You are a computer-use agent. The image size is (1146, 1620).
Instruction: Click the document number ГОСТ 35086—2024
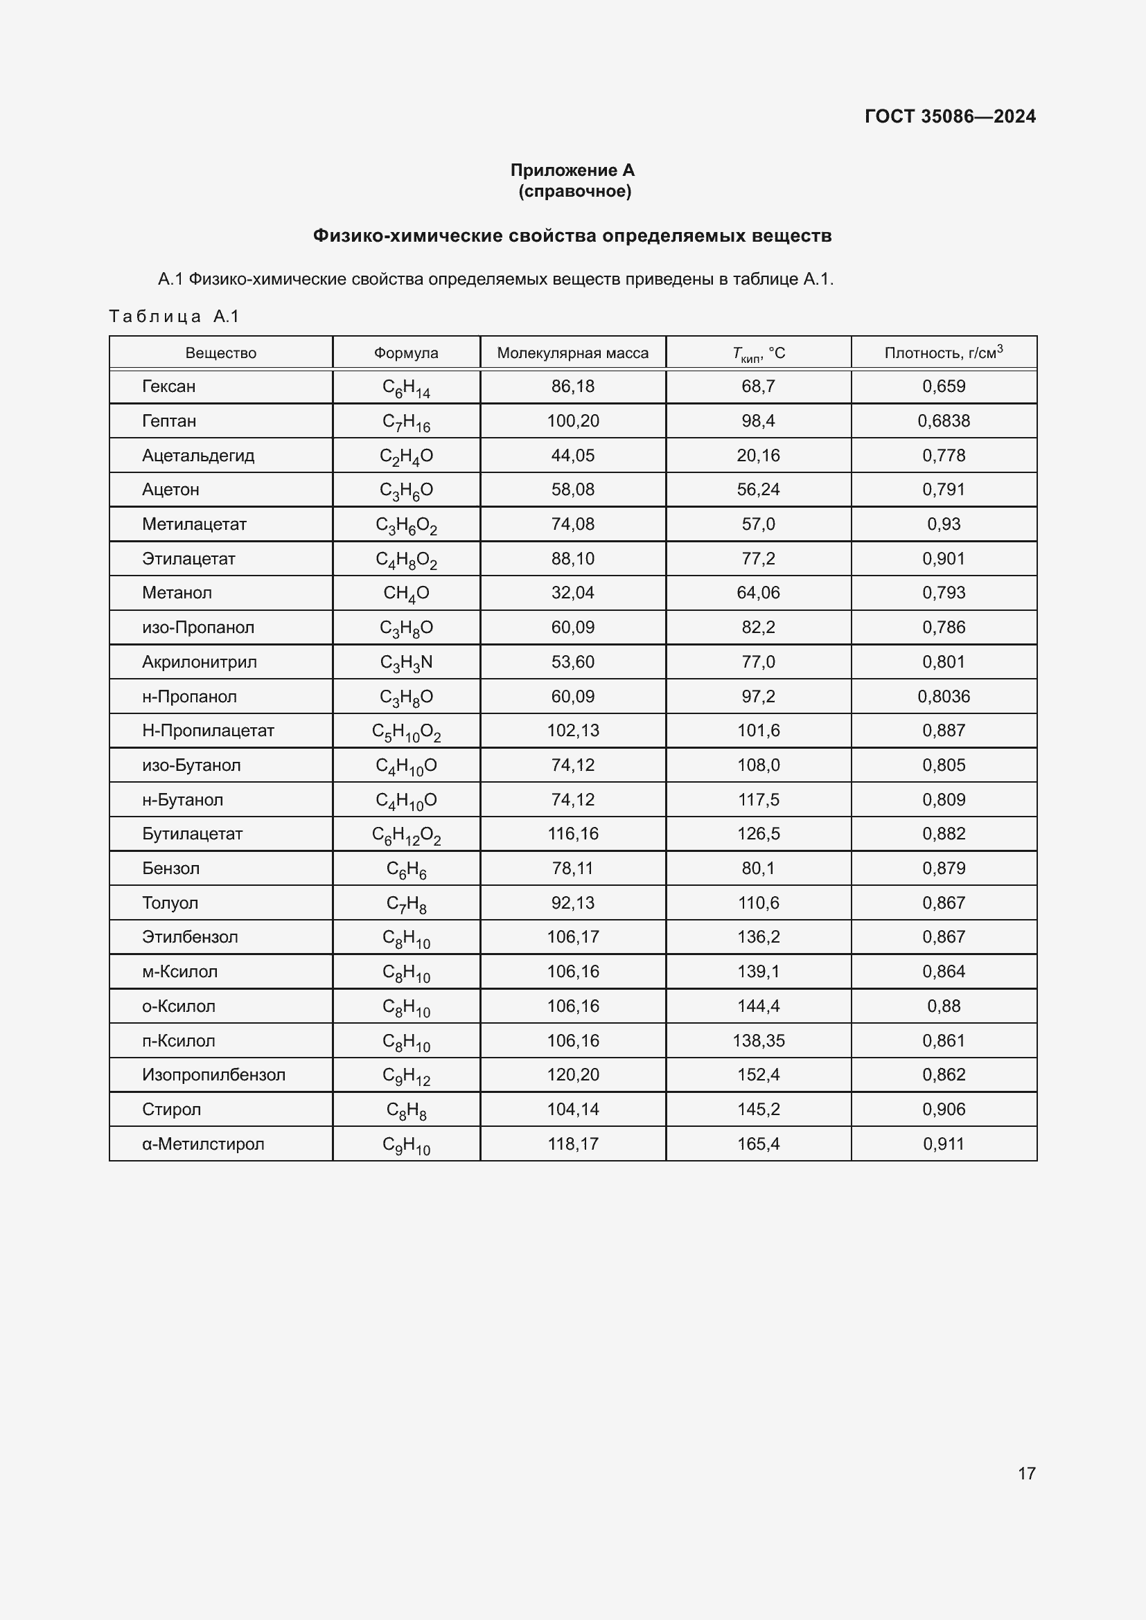pos(950,116)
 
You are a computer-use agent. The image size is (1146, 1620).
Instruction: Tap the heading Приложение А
pos(572,170)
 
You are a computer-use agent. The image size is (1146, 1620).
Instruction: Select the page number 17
pos(1026,1473)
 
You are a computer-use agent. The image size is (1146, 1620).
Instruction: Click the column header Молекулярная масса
pos(572,353)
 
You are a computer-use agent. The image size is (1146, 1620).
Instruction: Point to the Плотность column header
pos(943,353)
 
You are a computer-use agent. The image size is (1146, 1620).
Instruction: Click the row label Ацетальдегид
pos(197,456)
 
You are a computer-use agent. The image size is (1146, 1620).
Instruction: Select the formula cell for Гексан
pos(406,387)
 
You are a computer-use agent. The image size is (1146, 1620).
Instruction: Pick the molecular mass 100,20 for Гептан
pos(572,421)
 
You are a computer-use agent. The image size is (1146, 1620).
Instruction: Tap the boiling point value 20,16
pos(758,456)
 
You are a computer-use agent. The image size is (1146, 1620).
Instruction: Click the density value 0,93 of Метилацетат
pos(944,524)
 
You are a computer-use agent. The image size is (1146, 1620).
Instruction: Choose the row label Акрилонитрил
pos(199,662)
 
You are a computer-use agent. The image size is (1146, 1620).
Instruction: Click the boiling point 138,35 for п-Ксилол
pos(758,1041)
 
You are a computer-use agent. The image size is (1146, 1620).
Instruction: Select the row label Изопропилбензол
pos(213,1075)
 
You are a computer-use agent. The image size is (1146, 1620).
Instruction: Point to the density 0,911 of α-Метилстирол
pos(944,1143)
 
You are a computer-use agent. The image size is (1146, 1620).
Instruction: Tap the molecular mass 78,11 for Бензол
pos(572,869)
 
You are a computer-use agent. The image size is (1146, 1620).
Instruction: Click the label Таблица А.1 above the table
pos(175,317)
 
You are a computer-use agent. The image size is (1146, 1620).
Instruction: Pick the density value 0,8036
pos(944,696)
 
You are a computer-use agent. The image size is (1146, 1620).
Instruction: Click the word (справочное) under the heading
pos(574,191)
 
